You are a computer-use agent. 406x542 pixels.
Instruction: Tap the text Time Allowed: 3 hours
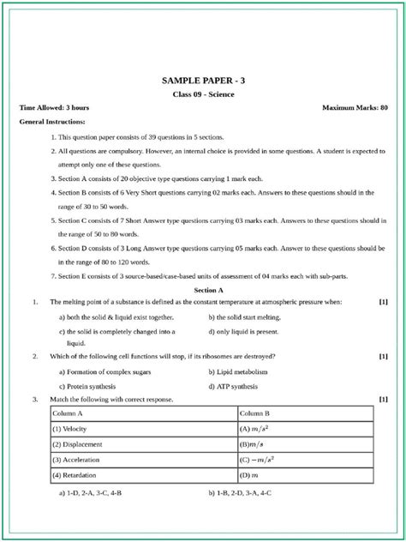click(x=54, y=108)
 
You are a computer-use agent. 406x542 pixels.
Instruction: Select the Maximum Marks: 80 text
click(x=355, y=108)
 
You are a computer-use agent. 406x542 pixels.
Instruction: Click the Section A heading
click(x=203, y=291)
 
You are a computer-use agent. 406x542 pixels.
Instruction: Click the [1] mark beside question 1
click(x=383, y=302)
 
